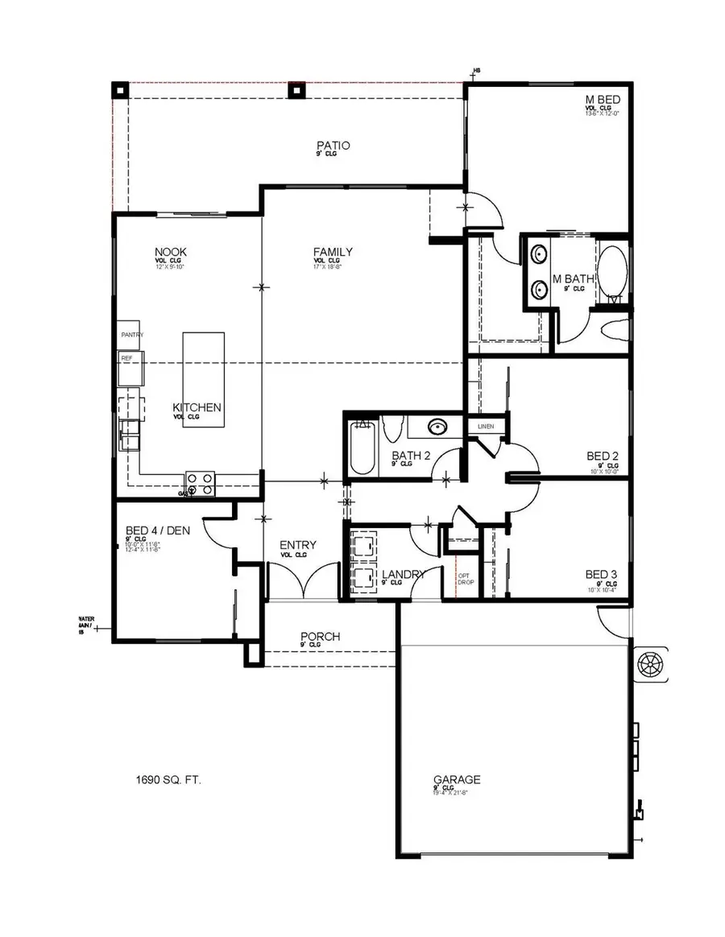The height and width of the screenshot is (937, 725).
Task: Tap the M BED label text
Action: click(603, 99)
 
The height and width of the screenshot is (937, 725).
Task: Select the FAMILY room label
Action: click(333, 253)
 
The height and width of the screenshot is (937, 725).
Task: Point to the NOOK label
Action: click(171, 253)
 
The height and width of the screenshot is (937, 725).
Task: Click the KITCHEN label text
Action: click(197, 408)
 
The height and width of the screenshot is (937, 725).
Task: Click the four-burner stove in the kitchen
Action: click(201, 483)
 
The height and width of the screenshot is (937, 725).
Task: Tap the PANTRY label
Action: click(131, 334)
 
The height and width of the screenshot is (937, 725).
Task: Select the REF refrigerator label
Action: click(126, 357)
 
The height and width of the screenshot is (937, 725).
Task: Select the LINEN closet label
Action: click(486, 426)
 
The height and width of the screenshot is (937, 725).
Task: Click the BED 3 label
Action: click(601, 575)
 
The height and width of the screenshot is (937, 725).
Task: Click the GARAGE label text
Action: click(457, 779)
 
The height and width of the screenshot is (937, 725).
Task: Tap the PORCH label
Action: click(320, 637)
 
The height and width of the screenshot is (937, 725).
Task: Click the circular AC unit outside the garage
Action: click(649, 664)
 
